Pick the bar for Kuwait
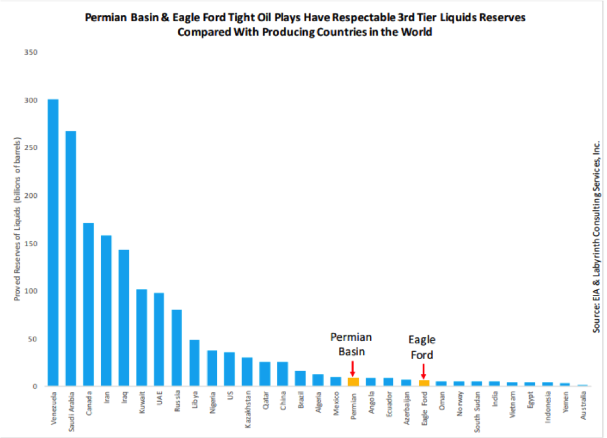click(x=142, y=338)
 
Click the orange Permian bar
click(x=353, y=382)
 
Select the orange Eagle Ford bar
click(x=424, y=383)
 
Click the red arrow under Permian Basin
click(x=353, y=368)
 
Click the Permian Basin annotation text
click(x=351, y=343)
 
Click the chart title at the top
click(x=304, y=24)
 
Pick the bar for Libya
click(x=194, y=363)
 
